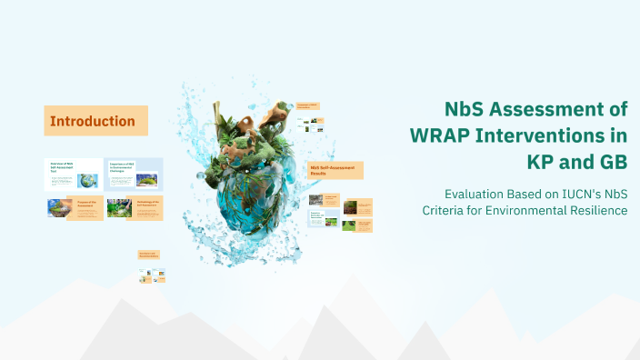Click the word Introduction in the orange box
point(93,121)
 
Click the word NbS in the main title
point(466,110)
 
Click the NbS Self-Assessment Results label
point(335,170)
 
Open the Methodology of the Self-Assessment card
point(134,208)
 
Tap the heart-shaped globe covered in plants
point(245,173)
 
